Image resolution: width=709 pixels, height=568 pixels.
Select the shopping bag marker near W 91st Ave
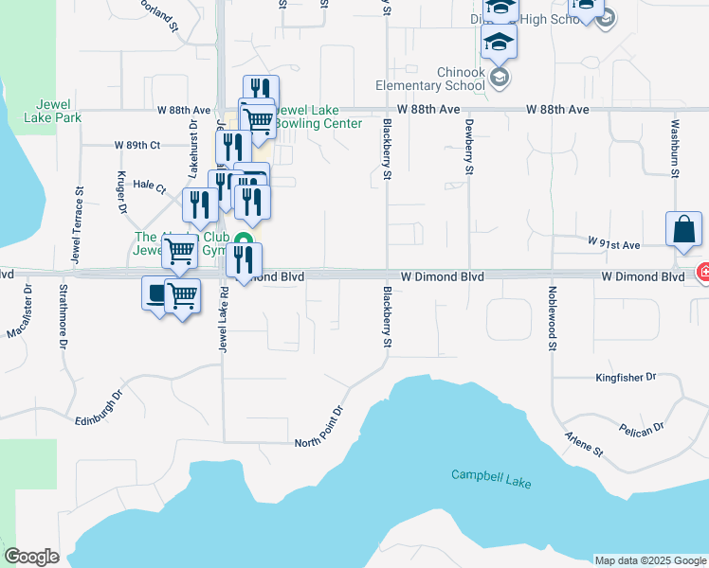[x=684, y=231]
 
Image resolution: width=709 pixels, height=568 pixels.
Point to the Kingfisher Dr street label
[x=626, y=377]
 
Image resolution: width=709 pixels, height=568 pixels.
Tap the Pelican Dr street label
[x=644, y=430]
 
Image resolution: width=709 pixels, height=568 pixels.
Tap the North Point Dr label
[x=318, y=429]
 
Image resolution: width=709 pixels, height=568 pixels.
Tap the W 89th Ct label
[x=137, y=145]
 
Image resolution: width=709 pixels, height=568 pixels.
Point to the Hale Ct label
[x=150, y=186]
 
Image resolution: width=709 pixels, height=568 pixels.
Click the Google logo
[x=31, y=557]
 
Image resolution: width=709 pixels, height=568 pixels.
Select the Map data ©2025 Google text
[x=649, y=559]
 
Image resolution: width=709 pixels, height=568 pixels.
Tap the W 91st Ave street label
[x=615, y=243]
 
